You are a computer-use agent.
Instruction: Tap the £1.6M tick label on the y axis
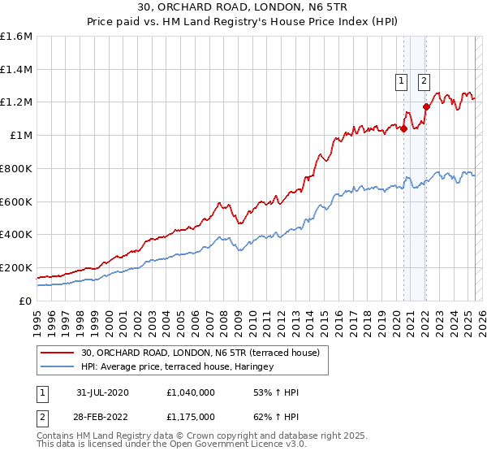point(16,37)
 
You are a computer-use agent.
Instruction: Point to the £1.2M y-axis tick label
point(16,102)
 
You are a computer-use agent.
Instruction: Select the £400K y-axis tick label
point(15,235)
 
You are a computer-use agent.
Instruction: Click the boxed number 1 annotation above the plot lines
point(402,80)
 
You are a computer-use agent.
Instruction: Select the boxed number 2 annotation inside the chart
point(424,80)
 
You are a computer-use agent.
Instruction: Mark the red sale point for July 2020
point(403,128)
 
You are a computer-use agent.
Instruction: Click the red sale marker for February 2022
point(426,106)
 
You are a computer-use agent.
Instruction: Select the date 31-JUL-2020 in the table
point(99,392)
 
